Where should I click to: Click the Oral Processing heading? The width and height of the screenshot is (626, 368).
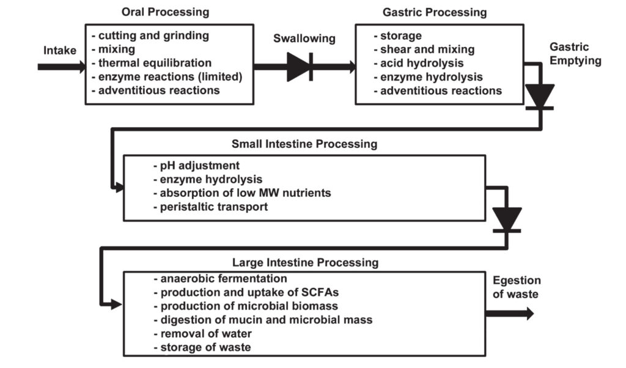point(165,12)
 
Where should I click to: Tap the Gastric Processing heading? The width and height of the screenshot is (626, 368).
point(435,12)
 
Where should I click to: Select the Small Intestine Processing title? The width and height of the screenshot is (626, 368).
point(304,144)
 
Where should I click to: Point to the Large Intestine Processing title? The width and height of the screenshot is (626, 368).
point(305,263)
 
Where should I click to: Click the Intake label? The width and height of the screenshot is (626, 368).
point(60,50)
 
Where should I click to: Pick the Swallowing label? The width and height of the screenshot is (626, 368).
point(304,39)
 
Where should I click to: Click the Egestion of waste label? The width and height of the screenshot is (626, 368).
point(516,287)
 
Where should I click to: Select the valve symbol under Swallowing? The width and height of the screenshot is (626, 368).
point(300,67)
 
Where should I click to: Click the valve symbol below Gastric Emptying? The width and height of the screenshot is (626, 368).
point(539,97)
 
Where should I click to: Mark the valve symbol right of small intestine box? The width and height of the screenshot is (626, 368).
point(507,219)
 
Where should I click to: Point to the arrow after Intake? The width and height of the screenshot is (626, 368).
point(61,66)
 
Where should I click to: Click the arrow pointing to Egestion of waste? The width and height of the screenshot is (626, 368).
point(509,314)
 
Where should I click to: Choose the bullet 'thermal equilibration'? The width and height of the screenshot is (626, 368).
point(151,63)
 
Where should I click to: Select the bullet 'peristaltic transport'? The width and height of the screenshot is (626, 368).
point(210,207)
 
